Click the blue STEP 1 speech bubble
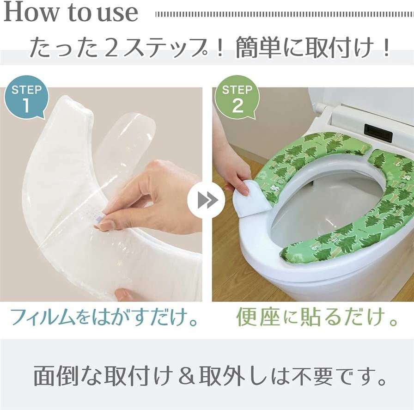pyautogui.click(x=26, y=98)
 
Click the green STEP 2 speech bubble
pyautogui.click(x=237, y=98)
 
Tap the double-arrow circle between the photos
pyautogui.click(x=206, y=200)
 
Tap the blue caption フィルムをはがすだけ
pyautogui.click(x=104, y=317)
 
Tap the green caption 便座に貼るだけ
pyautogui.click(x=317, y=317)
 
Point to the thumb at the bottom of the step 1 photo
pyautogui.click(x=125, y=294)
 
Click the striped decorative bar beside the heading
pyautogui.click(x=285, y=14)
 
